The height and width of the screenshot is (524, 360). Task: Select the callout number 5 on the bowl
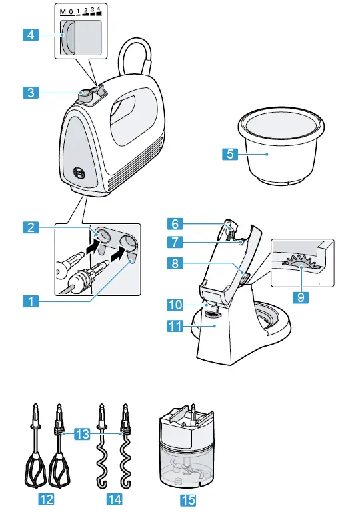(x=229, y=154)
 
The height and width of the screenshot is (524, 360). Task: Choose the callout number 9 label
(x=302, y=296)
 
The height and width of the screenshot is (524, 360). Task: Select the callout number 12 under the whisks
(x=45, y=498)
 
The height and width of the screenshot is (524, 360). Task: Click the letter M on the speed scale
(x=63, y=12)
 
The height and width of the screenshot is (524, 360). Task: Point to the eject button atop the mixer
(x=85, y=96)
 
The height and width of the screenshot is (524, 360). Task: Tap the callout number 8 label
(x=175, y=263)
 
